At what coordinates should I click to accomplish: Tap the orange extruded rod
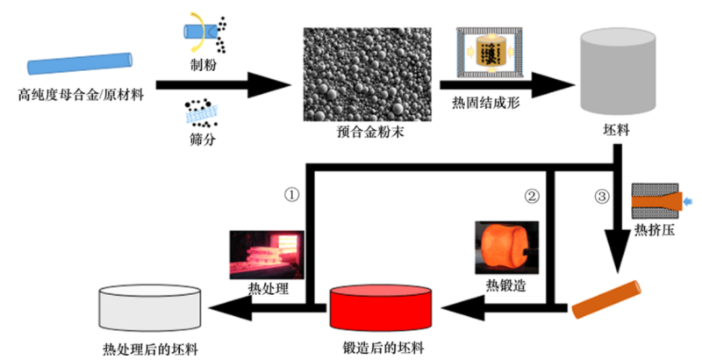pyautogui.click(x=606, y=299)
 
